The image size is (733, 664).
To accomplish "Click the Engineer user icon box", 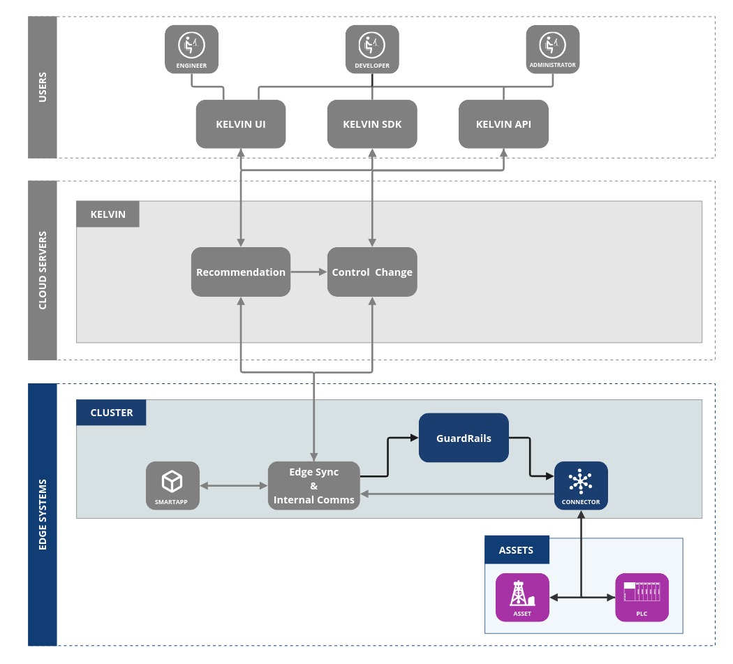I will coord(191,49).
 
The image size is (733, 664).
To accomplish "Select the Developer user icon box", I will coord(372,49).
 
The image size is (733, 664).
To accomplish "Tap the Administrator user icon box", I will coord(552,49).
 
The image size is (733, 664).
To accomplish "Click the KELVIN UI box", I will coord(240,124).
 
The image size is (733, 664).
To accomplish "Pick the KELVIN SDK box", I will coord(372,124).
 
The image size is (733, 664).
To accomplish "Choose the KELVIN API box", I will coord(503,124).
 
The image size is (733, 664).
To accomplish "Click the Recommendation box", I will coord(240,272).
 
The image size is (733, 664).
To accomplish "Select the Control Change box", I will coord(372,272).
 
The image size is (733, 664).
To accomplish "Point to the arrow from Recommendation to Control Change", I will coord(309,272).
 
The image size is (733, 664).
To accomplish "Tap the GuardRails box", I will coord(464,438).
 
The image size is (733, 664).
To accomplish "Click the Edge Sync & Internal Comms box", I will coord(314,486).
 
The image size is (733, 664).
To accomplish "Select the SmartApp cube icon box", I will coord(172,485).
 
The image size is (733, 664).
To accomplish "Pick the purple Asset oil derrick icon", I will coord(522,597).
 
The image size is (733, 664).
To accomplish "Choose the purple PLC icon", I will coord(642,597).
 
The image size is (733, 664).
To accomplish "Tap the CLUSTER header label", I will coord(111,413).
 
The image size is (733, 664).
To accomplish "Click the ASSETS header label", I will coord(517,550).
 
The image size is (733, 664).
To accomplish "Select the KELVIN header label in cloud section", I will coord(108,214).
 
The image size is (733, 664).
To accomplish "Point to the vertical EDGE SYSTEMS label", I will coord(43,515).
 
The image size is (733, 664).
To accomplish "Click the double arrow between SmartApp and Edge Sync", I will coord(234,485).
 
